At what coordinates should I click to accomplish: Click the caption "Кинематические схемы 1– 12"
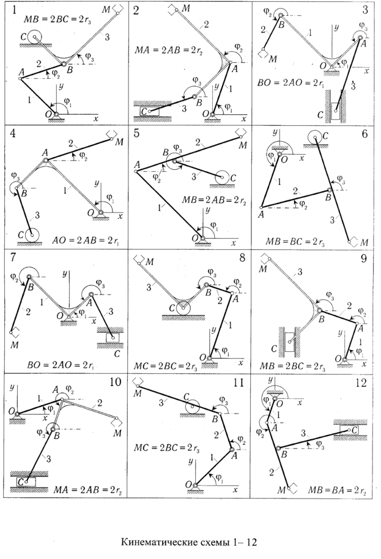click(x=190, y=541)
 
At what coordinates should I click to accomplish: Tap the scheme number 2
click(x=137, y=10)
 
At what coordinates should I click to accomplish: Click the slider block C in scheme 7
click(x=113, y=337)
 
